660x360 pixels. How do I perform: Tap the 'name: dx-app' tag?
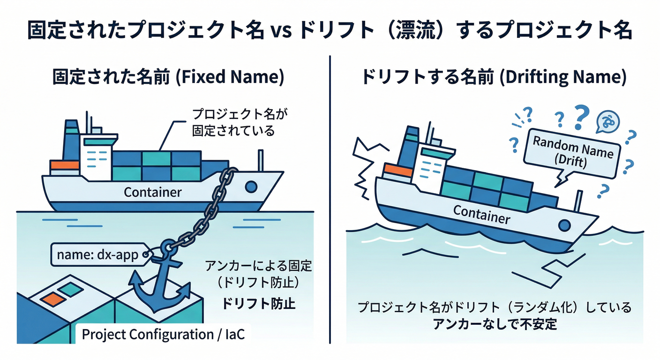point(98,255)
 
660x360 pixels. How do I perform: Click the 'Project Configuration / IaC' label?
point(163,334)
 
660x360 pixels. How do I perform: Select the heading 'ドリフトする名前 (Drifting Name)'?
point(493,77)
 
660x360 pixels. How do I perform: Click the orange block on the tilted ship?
point(398,171)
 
